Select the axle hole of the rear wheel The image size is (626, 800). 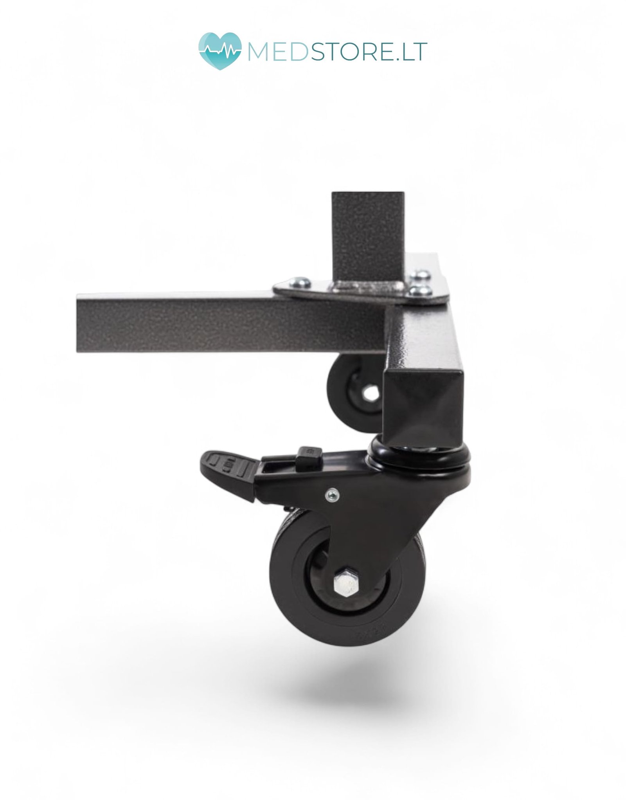click(x=371, y=394)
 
